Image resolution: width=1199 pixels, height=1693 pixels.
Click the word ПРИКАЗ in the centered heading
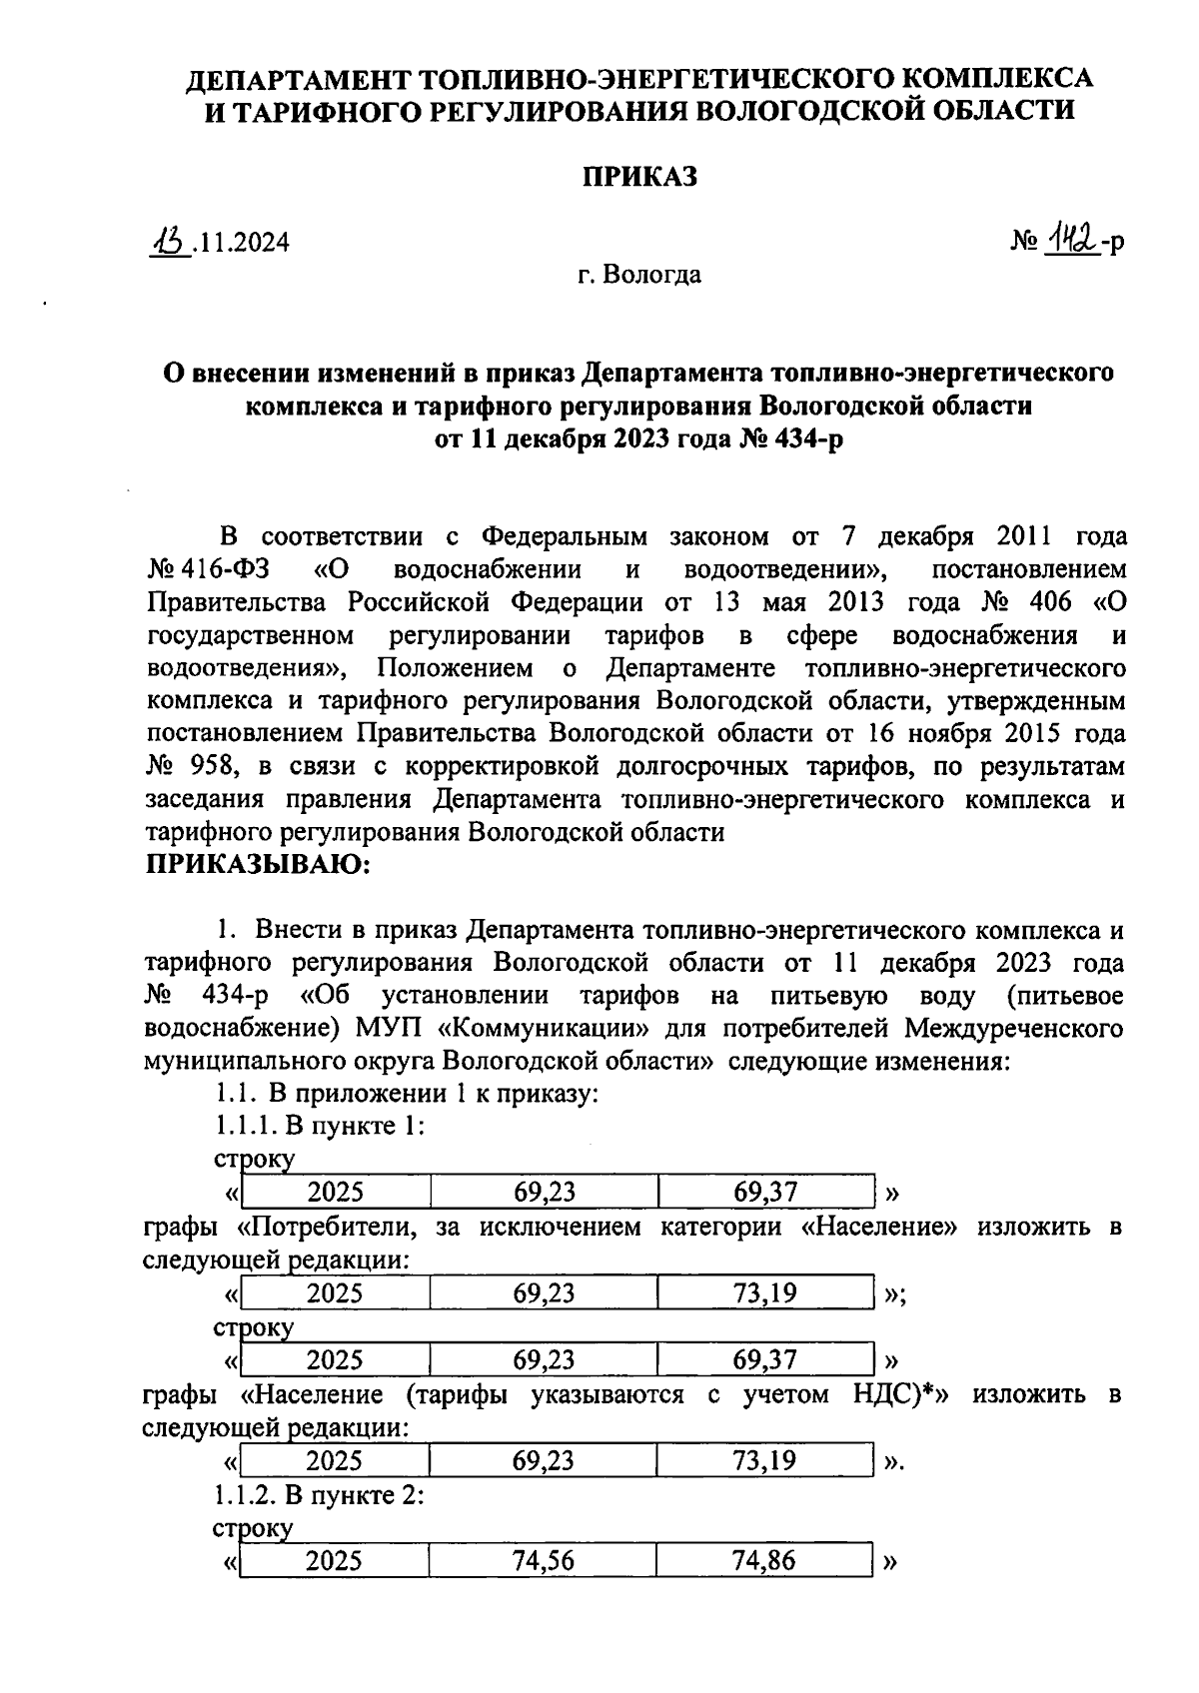pyautogui.click(x=639, y=177)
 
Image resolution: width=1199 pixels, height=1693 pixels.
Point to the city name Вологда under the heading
pyautogui.click(x=653, y=274)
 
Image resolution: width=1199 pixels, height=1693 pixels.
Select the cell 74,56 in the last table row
pyautogui.click(x=544, y=1561)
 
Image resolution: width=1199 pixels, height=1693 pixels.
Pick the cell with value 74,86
pyautogui.click(x=764, y=1561)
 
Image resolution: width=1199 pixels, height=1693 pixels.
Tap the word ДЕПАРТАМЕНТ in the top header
pyautogui.click(x=293, y=78)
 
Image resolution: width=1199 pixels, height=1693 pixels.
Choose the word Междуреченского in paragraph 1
pyautogui.click(x=1014, y=1029)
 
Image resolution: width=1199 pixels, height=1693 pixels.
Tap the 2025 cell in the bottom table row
pyautogui.click(x=335, y=1561)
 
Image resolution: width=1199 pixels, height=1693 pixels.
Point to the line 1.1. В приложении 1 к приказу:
pyautogui.click(x=406, y=1094)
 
